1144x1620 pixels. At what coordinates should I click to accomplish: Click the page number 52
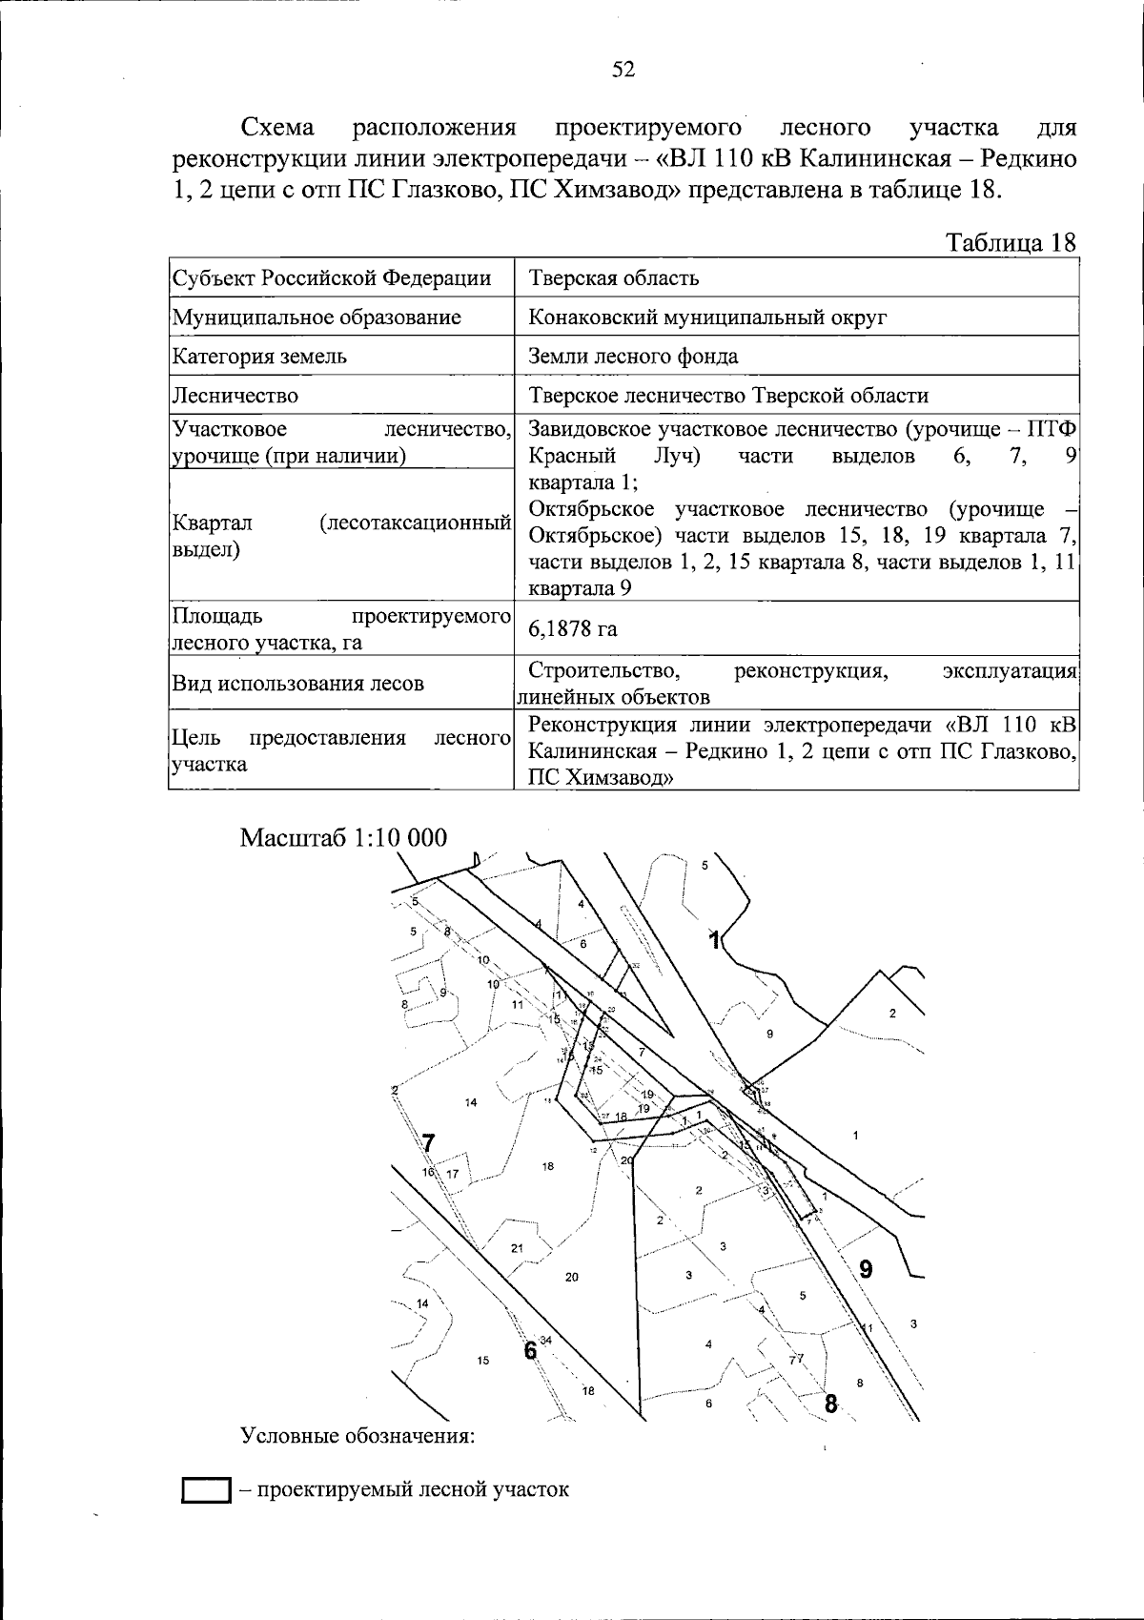pos(623,70)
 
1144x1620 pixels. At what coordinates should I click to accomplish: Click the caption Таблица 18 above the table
pos(1010,243)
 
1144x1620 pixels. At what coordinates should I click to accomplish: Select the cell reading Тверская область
pos(613,278)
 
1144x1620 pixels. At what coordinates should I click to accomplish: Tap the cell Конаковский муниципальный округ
pos(707,318)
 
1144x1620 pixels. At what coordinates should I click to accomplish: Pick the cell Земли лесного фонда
pos(633,357)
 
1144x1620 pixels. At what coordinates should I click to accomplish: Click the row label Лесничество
pos(235,396)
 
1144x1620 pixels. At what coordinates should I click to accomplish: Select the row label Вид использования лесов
pos(297,684)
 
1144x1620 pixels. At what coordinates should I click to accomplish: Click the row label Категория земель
pos(259,357)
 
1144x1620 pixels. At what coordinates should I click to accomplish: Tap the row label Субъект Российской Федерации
pos(331,278)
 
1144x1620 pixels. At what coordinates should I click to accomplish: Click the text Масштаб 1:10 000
pos(343,837)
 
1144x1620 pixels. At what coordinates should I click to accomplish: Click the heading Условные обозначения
pos(357,1436)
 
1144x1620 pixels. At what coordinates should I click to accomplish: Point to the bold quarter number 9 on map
pos(866,1269)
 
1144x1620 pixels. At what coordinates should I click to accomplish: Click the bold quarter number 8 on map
pos(831,1404)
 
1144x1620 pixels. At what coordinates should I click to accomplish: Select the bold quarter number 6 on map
pos(529,1351)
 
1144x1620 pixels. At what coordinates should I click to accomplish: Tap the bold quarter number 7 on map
pos(428,1142)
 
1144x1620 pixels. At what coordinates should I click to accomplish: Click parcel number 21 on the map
pos(517,1248)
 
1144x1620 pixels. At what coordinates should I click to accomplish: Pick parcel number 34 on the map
pos(546,1341)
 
